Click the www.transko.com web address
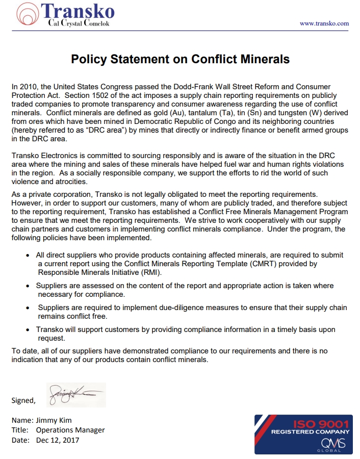point(324,23)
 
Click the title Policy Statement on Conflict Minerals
point(180,59)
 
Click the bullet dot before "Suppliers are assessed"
point(28,286)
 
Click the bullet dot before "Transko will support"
point(28,330)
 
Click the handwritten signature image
point(76,395)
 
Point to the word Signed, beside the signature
point(23,400)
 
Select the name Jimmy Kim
point(54,420)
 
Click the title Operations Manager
point(70,430)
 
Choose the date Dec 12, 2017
point(58,440)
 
